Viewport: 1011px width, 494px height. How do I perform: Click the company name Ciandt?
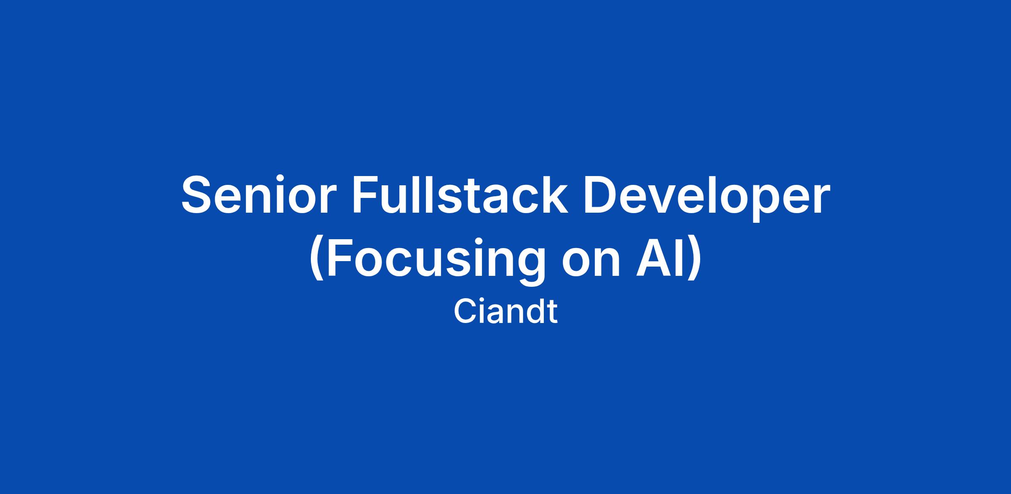pyautogui.click(x=505, y=312)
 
